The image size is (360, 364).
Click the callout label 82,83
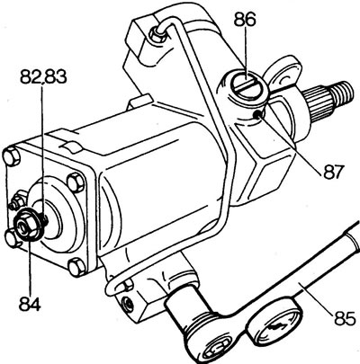tap(43, 77)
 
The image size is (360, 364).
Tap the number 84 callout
tap(30, 304)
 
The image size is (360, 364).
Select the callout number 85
tap(344, 319)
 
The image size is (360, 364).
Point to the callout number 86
tap(246, 21)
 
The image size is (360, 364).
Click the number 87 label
tap(332, 172)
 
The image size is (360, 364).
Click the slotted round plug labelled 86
tap(247, 86)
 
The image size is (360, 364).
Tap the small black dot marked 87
tap(258, 114)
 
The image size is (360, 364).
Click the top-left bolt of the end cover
tap(13, 157)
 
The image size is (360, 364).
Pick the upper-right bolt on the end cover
tap(76, 182)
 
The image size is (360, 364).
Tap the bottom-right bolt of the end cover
tap(77, 266)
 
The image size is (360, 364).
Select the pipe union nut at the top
tap(157, 33)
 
